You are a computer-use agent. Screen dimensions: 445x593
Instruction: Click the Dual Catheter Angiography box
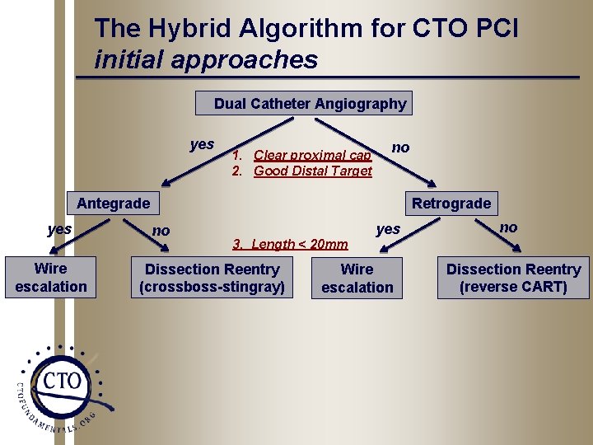coord(305,104)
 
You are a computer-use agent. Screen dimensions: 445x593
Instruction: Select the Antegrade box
coord(113,204)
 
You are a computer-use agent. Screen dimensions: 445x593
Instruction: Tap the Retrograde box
coord(451,204)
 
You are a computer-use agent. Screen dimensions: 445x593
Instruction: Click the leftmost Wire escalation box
coord(50,278)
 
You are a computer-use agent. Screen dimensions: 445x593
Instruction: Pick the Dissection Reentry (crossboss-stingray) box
coord(212,279)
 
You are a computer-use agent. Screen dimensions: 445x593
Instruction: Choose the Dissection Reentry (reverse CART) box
coord(513,279)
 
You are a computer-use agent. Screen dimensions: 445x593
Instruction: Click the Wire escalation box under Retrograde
coord(357,279)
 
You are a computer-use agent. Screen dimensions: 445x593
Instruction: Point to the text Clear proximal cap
coord(312,155)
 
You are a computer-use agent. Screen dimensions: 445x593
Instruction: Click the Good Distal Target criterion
coord(312,171)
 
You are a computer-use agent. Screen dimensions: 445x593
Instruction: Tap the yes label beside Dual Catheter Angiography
coord(202,145)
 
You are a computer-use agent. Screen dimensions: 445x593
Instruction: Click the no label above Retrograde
coord(401,148)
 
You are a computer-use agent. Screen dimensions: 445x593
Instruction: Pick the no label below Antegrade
coord(161,231)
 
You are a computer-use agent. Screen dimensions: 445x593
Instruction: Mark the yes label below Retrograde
coord(388,229)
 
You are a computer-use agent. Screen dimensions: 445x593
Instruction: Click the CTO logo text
coord(63,381)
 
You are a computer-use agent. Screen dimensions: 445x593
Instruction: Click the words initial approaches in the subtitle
coord(206,59)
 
